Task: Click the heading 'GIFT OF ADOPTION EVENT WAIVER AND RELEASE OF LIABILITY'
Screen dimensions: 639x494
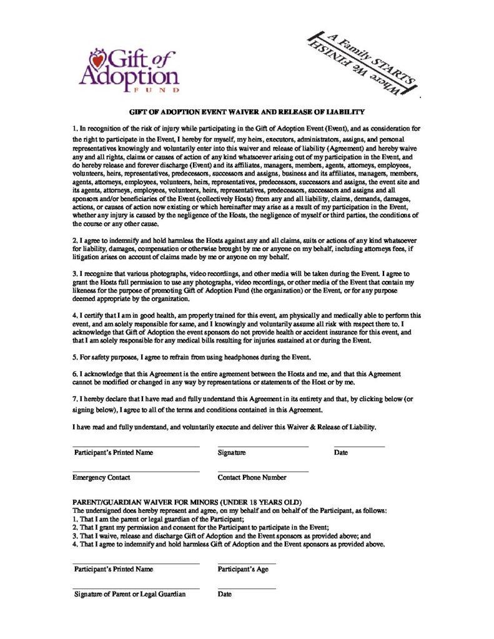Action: [247, 112]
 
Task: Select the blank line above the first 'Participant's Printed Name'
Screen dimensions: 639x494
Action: [136, 447]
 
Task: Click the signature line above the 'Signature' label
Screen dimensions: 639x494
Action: [263, 447]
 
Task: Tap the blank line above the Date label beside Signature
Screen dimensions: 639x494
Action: [359, 447]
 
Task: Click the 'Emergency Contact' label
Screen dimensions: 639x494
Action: [101, 477]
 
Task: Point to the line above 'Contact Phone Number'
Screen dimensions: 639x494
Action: [263, 471]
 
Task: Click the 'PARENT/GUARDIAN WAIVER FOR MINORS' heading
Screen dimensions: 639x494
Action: [187, 502]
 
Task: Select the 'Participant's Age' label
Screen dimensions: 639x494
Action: [243, 569]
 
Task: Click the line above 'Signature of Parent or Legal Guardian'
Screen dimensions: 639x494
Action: [136, 588]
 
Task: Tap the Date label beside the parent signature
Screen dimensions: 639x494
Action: [225, 594]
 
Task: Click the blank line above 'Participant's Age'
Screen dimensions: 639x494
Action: [247, 563]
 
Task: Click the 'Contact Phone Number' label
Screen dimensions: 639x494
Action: [252, 477]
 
